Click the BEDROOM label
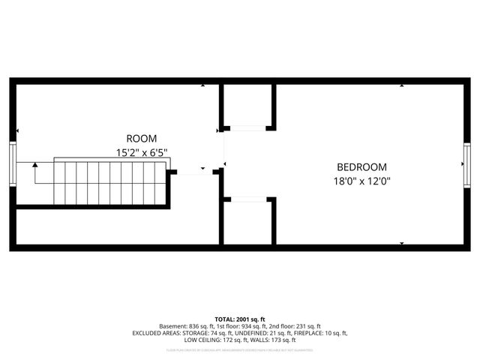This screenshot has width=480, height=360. tap(361, 167)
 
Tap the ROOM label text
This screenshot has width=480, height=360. tap(141, 138)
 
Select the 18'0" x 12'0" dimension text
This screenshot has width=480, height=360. tap(361, 181)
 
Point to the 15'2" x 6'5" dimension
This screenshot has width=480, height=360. tap(141, 152)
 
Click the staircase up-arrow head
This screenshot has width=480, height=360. tap(34, 164)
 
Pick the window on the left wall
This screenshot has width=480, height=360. tap(12, 164)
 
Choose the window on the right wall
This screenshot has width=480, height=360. tap(466, 164)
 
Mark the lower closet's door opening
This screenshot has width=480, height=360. tap(248, 199)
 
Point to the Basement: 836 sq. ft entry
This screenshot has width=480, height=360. tap(187, 326)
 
